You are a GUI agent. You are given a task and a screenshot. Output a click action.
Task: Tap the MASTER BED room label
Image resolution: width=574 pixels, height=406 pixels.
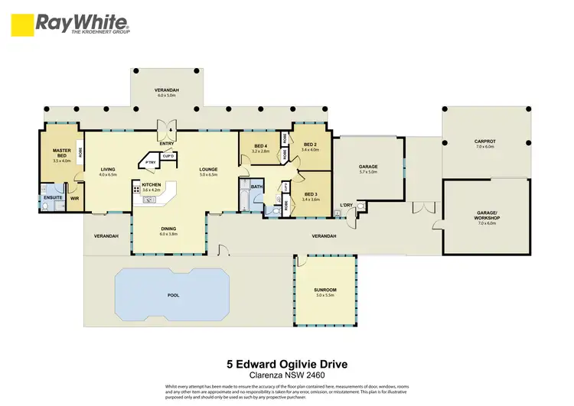pos(61,154)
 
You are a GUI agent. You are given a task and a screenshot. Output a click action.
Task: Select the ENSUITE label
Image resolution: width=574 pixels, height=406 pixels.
pos(52,198)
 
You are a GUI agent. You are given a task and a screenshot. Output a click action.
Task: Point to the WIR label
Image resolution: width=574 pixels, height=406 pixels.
pos(75,198)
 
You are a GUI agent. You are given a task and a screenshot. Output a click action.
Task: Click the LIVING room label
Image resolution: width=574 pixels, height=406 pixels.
pos(107,169)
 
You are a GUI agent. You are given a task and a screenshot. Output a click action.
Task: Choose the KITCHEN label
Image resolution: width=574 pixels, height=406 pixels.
pos(151,185)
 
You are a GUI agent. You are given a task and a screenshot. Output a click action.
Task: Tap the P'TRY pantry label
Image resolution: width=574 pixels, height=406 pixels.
pos(151,162)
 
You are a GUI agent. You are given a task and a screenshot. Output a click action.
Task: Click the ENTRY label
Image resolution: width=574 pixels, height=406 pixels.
pos(166,142)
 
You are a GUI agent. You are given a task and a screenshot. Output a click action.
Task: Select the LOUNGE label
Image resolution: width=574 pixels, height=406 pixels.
pos(209,169)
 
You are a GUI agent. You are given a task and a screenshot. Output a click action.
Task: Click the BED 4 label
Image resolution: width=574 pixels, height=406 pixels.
pos(261,145)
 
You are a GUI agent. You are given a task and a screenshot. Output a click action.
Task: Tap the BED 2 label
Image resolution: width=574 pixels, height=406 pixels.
pos(310,145)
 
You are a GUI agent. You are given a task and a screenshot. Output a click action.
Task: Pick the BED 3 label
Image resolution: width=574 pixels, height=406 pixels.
pos(311,194)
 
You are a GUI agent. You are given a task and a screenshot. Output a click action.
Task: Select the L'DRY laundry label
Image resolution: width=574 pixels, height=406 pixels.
pos(346,205)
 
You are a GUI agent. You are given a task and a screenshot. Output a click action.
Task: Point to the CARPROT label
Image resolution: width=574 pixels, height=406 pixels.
pos(487,141)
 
